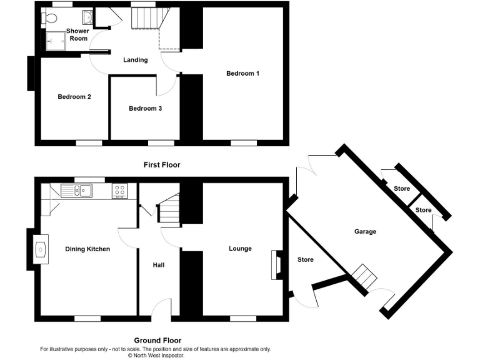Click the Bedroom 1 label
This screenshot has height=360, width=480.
click(242, 74)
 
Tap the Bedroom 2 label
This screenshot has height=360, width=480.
click(74, 97)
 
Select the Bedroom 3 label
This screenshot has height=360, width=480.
click(145, 109)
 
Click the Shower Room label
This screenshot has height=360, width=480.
click(78, 34)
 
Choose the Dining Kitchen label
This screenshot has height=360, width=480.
click(87, 249)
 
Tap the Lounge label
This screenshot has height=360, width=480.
click(240, 249)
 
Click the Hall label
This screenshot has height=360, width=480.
click(159, 265)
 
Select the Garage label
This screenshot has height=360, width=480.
click(366, 232)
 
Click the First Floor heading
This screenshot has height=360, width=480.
click(162, 165)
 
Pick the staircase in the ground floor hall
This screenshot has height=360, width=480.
click(169, 209)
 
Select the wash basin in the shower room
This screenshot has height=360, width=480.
click(87, 17)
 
